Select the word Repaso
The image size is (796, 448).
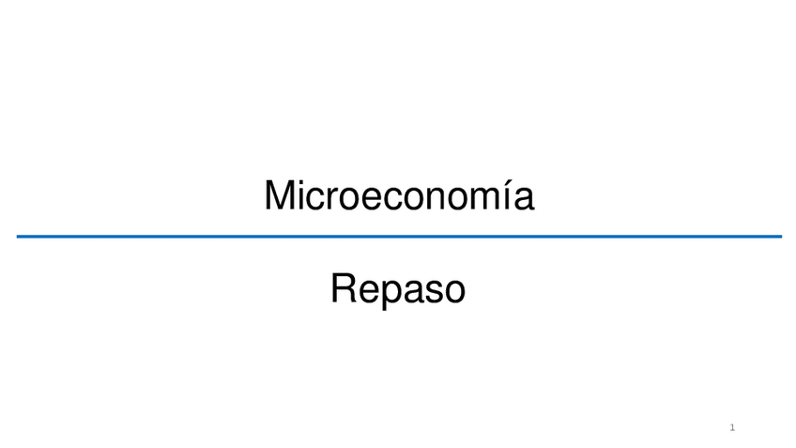pos(398,289)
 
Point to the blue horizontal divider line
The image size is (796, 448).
pos(398,237)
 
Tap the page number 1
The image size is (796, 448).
pos(732,428)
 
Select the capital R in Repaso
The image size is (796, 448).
pos(344,288)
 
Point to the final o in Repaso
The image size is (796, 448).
pos(454,291)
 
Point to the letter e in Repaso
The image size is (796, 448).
pos(366,291)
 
